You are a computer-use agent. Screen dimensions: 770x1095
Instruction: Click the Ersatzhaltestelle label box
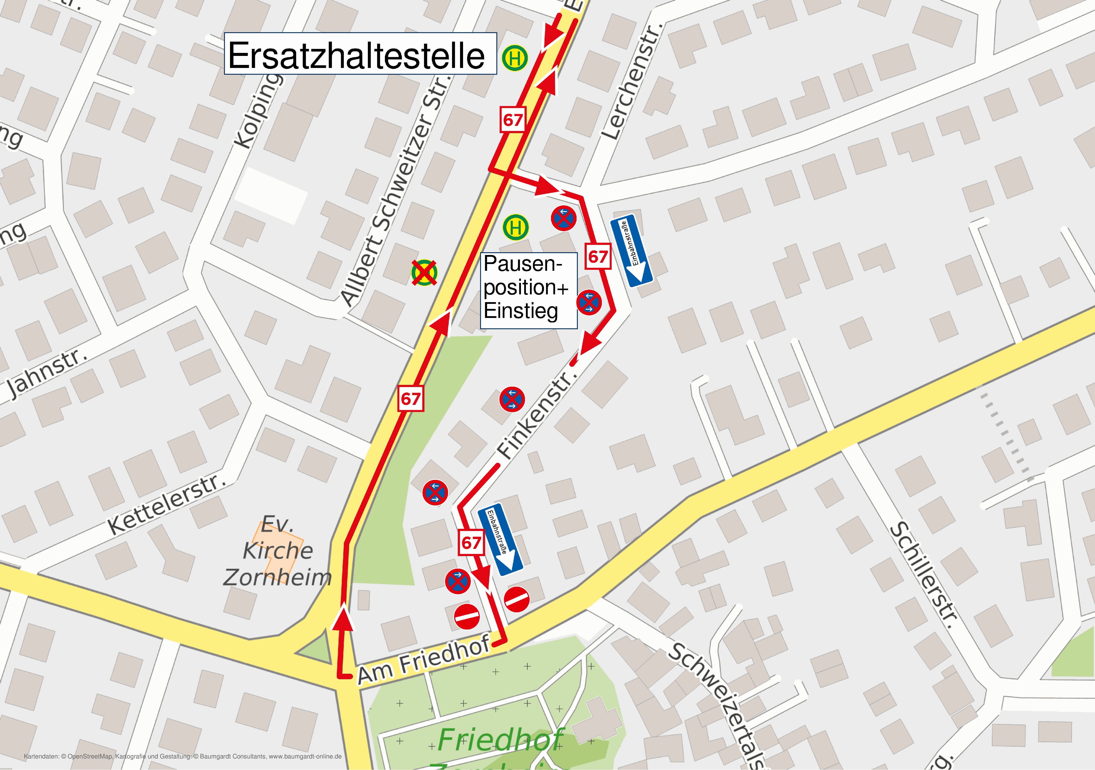coord(360,54)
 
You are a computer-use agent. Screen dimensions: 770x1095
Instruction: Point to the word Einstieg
coord(520,311)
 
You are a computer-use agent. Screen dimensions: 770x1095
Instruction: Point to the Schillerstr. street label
coord(923,575)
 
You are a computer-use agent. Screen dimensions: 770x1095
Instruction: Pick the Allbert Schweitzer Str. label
coord(396,191)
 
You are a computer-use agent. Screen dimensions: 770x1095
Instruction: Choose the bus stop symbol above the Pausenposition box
coord(515,227)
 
